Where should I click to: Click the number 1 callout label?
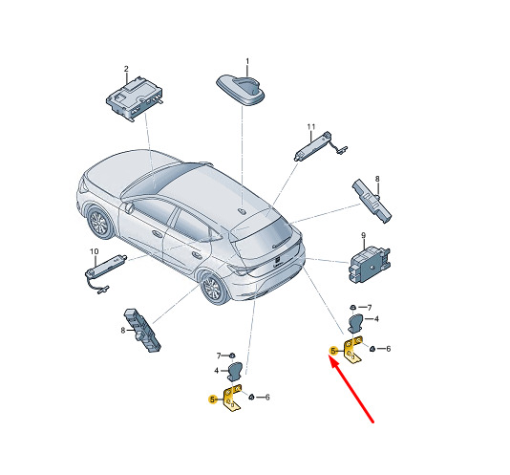(x=247, y=61)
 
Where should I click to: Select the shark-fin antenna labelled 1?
(x=241, y=89)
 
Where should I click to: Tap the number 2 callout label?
(x=126, y=69)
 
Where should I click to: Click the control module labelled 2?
(x=135, y=98)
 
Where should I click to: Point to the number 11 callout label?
(x=311, y=126)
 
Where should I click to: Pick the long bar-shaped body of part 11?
(x=313, y=145)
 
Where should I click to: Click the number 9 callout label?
(x=363, y=235)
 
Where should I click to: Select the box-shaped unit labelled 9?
(x=370, y=265)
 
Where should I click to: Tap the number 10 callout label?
(x=94, y=251)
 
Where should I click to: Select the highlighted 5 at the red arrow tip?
(x=333, y=351)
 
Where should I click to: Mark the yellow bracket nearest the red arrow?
(x=352, y=350)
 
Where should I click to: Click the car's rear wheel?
(x=213, y=288)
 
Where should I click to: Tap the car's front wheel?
(x=98, y=223)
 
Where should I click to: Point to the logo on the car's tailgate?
(x=277, y=259)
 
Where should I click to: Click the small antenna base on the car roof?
(x=242, y=211)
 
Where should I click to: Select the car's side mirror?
(x=129, y=206)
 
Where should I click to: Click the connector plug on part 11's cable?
(x=343, y=150)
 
